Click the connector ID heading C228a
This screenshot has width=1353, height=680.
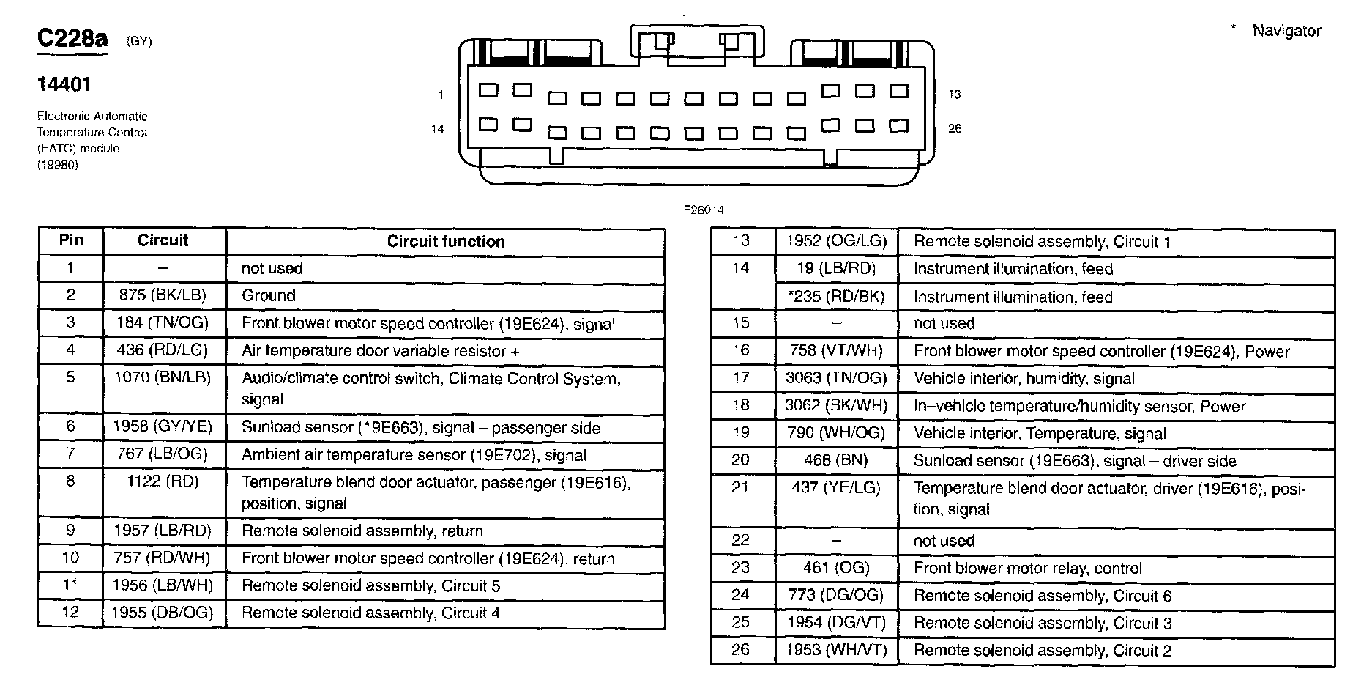pyautogui.click(x=72, y=39)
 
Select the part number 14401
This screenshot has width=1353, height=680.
pyautogui.click(x=64, y=85)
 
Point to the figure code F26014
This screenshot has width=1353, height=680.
pyautogui.click(x=703, y=210)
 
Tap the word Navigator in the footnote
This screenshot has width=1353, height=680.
pyautogui.click(x=1286, y=31)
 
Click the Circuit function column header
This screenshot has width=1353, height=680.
pyautogui.click(x=446, y=242)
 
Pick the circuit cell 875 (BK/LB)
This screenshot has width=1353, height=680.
pyautogui.click(x=162, y=295)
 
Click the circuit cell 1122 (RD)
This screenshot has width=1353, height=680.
pyautogui.click(x=162, y=481)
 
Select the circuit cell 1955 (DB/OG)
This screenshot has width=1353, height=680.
pyautogui.click(x=162, y=613)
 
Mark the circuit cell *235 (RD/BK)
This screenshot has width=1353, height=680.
pyautogui.click(x=836, y=297)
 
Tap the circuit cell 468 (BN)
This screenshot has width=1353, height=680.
pyautogui.click(x=836, y=460)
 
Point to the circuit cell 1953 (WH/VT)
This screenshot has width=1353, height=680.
pyautogui.click(x=836, y=650)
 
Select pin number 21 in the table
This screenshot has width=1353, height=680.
pyautogui.click(x=741, y=487)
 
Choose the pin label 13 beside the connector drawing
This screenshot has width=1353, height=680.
pyautogui.click(x=954, y=95)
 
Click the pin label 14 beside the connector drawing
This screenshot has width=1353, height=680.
pyautogui.click(x=437, y=129)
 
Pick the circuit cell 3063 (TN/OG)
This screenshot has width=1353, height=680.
pyautogui.click(x=836, y=378)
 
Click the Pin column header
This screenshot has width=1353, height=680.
pyautogui.click(x=71, y=240)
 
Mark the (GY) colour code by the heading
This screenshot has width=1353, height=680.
pyautogui.click(x=139, y=42)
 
